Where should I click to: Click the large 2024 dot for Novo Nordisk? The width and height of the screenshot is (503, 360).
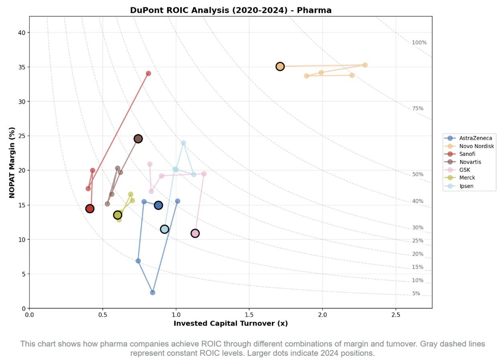tap(280, 66)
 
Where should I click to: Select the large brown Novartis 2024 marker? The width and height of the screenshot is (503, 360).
tap(138, 139)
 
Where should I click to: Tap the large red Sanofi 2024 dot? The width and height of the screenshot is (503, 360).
tap(90, 209)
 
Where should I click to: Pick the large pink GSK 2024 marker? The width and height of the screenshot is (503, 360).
tap(195, 233)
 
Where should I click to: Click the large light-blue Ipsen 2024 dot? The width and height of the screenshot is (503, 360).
tap(164, 229)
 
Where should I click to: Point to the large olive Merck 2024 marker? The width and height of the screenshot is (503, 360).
tap(118, 215)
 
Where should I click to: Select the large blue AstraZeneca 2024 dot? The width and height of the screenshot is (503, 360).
tap(158, 205)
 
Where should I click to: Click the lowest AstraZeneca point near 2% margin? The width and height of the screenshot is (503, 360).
tap(152, 293)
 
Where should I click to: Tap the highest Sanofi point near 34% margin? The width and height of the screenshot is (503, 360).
tap(148, 73)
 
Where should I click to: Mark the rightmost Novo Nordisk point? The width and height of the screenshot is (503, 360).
tap(365, 65)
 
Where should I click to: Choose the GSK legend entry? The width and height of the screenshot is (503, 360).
tap(465, 170)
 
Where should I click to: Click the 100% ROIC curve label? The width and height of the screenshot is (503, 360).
tap(419, 43)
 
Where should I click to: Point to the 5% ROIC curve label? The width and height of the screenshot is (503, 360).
tap(416, 293)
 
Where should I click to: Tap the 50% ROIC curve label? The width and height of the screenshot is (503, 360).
tap(418, 175)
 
